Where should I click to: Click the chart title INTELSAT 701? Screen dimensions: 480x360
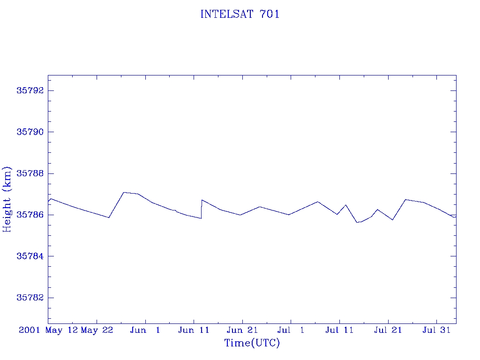[x=240, y=14]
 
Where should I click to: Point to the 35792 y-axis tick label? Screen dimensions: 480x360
[x=30, y=90]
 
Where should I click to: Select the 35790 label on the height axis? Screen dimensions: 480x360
[x=30, y=132]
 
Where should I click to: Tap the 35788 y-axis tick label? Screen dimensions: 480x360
[x=30, y=173]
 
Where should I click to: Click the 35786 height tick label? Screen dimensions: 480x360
[x=30, y=215]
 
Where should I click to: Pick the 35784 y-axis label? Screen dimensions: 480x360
[x=30, y=256]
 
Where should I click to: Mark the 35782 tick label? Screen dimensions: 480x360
[x=30, y=298]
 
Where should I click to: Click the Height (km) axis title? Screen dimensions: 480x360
[x=7, y=200]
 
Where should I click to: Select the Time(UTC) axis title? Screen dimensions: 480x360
[x=252, y=343]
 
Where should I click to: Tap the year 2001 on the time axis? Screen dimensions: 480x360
[x=30, y=330]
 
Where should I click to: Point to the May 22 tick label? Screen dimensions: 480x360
[x=97, y=330]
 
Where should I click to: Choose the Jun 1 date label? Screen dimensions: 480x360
[x=145, y=330]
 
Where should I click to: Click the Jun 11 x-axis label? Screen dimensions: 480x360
[x=194, y=330]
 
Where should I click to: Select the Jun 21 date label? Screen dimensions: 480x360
[x=242, y=330]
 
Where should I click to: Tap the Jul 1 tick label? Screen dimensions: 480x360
[x=291, y=330]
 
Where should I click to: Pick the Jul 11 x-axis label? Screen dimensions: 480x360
[x=339, y=330]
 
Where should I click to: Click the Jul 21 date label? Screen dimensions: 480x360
[x=388, y=330]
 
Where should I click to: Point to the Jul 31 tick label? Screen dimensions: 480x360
[x=436, y=330]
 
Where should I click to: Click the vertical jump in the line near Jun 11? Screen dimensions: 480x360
[x=202, y=209]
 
